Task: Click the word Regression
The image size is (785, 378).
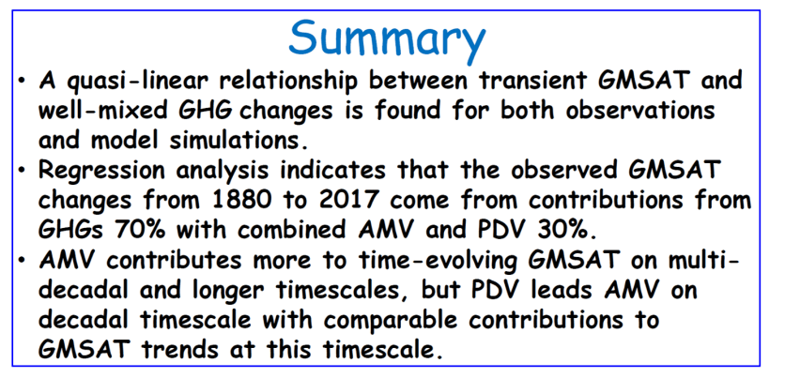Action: (101, 172)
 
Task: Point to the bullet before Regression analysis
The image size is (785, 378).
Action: (21, 171)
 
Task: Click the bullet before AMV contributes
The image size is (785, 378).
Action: (21, 262)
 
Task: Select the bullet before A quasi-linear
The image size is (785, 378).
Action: (21, 81)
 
